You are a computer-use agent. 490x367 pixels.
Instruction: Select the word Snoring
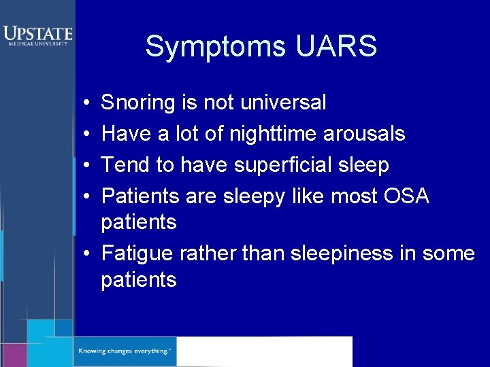tap(138, 103)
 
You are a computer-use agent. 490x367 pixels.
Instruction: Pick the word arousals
tap(364, 135)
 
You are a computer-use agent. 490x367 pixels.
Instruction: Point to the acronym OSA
tap(406, 196)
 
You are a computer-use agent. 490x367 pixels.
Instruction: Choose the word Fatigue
tap(137, 254)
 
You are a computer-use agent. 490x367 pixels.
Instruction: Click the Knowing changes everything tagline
tap(124, 351)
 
